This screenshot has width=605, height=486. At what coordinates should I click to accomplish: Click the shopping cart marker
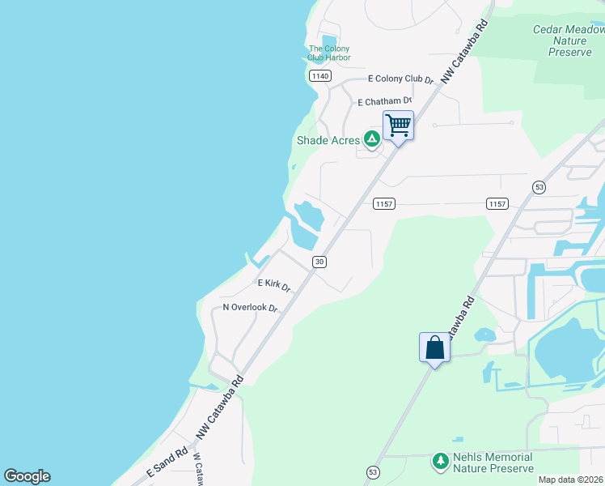pyautogui.click(x=398, y=126)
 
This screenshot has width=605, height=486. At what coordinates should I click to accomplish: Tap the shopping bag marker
pyautogui.click(x=434, y=347)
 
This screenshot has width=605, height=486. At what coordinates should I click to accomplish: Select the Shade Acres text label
pyautogui.click(x=328, y=140)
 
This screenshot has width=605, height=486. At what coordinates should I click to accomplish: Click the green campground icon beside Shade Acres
pyautogui.click(x=371, y=139)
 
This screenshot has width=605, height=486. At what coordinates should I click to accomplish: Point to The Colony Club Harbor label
pyautogui.click(x=329, y=53)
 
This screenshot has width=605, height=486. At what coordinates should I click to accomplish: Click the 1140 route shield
pyautogui.click(x=319, y=75)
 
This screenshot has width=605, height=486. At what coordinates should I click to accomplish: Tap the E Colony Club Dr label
pyautogui.click(x=400, y=79)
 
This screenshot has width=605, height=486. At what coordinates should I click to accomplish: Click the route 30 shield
pyautogui.click(x=320, y=261)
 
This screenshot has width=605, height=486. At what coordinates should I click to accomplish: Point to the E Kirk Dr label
pyautogui.click(x=274, y=285)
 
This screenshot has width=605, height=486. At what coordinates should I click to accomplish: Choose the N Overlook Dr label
pyautogui.click(x=250, y=308)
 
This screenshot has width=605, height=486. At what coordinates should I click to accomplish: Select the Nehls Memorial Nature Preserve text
pyautogui.click(x=493, y=463)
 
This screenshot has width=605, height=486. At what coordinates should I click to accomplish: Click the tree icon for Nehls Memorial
pyautogui.click(x=441, y=462)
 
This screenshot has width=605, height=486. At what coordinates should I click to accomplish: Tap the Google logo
pyautogui.click(x=27, y=476)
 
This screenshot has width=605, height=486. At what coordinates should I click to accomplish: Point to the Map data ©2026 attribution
pyautogui.click(x=571, y=480)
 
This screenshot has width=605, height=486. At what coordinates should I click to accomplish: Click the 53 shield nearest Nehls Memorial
pyautogui.click(x=373, y=471)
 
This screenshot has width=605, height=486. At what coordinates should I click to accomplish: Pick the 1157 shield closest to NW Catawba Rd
pyautogui.click(x=383, y=204)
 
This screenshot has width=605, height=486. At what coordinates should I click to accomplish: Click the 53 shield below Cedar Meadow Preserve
pyautogui.click(x=539, y=187)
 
